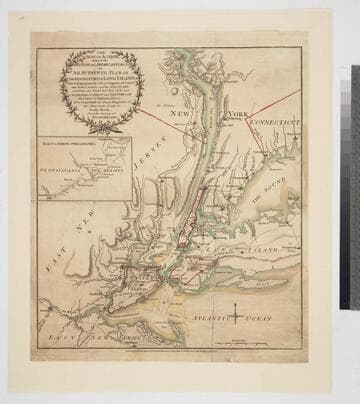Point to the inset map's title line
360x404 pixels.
point(79,148)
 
